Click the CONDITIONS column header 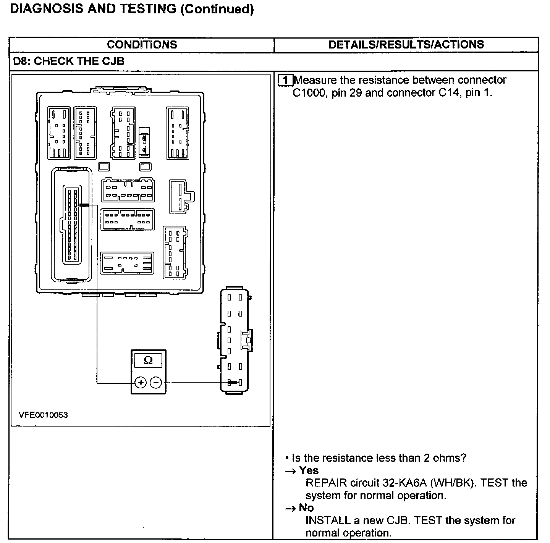tap(142, 45)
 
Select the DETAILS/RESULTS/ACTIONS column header tap(406, 45)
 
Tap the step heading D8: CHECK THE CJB tap(69, 61)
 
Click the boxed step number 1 tap(286, 80)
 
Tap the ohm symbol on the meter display tap(148, 360)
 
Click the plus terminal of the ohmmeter tap(141, 382)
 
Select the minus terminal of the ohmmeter tap(155, 382)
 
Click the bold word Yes tap(309, 470)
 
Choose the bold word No tap(306, 508)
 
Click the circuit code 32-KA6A tap(405, 483)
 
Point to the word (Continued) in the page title tap(217, 9)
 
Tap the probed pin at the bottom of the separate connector tap(231, 382)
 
